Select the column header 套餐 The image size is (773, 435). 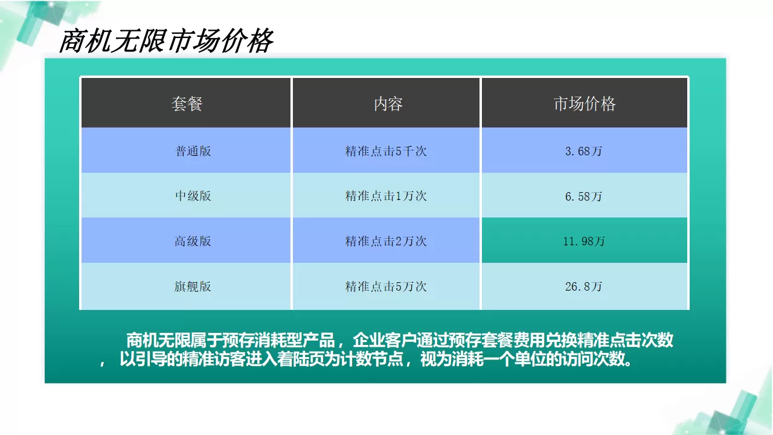pos(186,104)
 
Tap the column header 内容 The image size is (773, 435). pos(387,104)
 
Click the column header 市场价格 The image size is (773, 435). pos(584,104)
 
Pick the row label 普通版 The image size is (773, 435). pos(193,151)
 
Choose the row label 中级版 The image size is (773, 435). pos(193,196)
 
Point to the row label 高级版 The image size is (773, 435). pos(193,241)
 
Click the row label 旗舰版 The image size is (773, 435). pos(193,286)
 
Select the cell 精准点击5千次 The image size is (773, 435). pos(386,151)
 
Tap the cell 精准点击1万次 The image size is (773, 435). pos(386,196)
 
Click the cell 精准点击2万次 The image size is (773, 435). pos(386,241)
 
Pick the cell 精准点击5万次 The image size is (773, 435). pos(386,286)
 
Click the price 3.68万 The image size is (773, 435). pos(583,151)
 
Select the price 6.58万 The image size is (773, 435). pos(583,196)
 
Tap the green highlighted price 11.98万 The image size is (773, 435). pos(583,241)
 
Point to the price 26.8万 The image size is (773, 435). pos(583,286)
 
